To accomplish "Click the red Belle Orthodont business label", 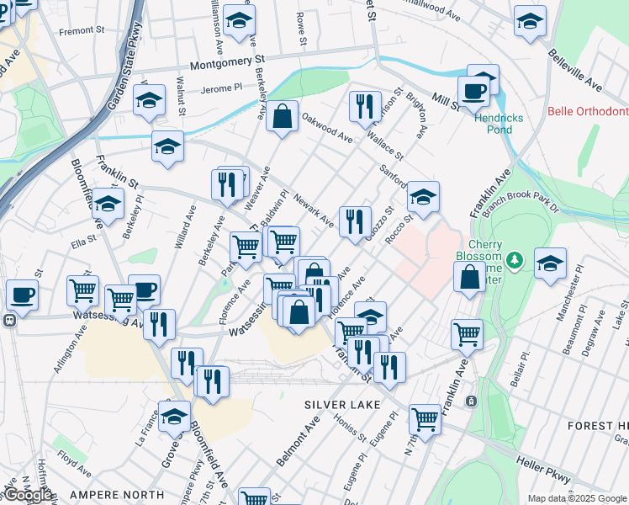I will (x=588, y=111).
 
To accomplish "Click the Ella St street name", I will (x=84, y=246).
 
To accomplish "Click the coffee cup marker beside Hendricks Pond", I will (x=473, y=91).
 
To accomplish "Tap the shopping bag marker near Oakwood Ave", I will (x=283, y=116).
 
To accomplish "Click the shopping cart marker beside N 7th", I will (x=425, y=418).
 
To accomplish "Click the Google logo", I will (x=28, y=495).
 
